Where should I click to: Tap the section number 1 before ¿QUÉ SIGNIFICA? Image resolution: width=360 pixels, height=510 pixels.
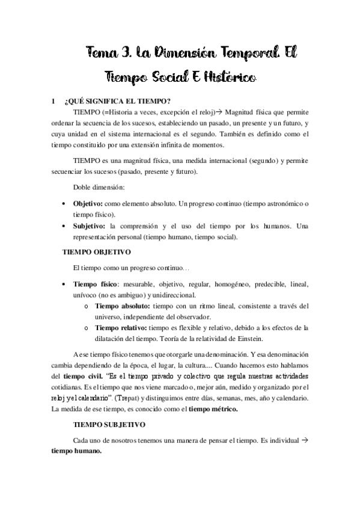(x=53, y=100)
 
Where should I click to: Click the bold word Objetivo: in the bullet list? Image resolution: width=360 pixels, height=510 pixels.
(x=88, y=204)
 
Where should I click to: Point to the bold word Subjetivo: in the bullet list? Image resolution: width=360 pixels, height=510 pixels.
(x=90, y=226)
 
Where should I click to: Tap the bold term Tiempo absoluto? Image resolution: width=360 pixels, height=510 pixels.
(x=122, y=306)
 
